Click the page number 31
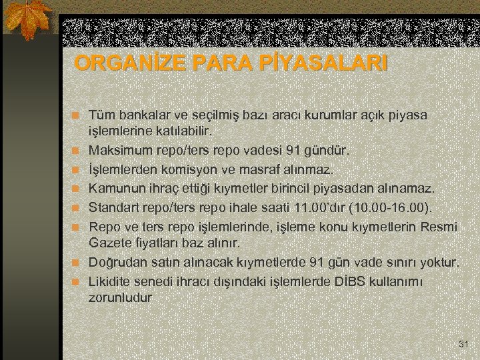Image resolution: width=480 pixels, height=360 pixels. tap(464, 344)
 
